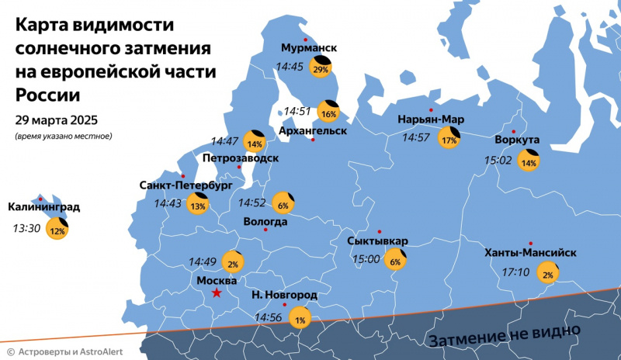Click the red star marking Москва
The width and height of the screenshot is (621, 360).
pos(217,292)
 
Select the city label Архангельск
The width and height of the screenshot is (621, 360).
pos(312,131)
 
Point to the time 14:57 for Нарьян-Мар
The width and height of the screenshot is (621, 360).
pos(415,137)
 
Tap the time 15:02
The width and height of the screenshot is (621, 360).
pos(498,161)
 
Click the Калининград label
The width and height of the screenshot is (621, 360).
pos(43,207)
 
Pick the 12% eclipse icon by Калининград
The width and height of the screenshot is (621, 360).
pos(57,230)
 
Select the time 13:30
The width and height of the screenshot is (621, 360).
pos(26,229)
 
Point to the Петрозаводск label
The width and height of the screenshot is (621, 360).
pos(240,157)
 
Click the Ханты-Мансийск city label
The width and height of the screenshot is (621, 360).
pos(530,253)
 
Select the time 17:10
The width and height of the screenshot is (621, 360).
pos(515,272)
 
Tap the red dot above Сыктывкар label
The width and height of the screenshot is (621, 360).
pos(380,231)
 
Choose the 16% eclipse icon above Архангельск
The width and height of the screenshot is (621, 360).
pos(329,113)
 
